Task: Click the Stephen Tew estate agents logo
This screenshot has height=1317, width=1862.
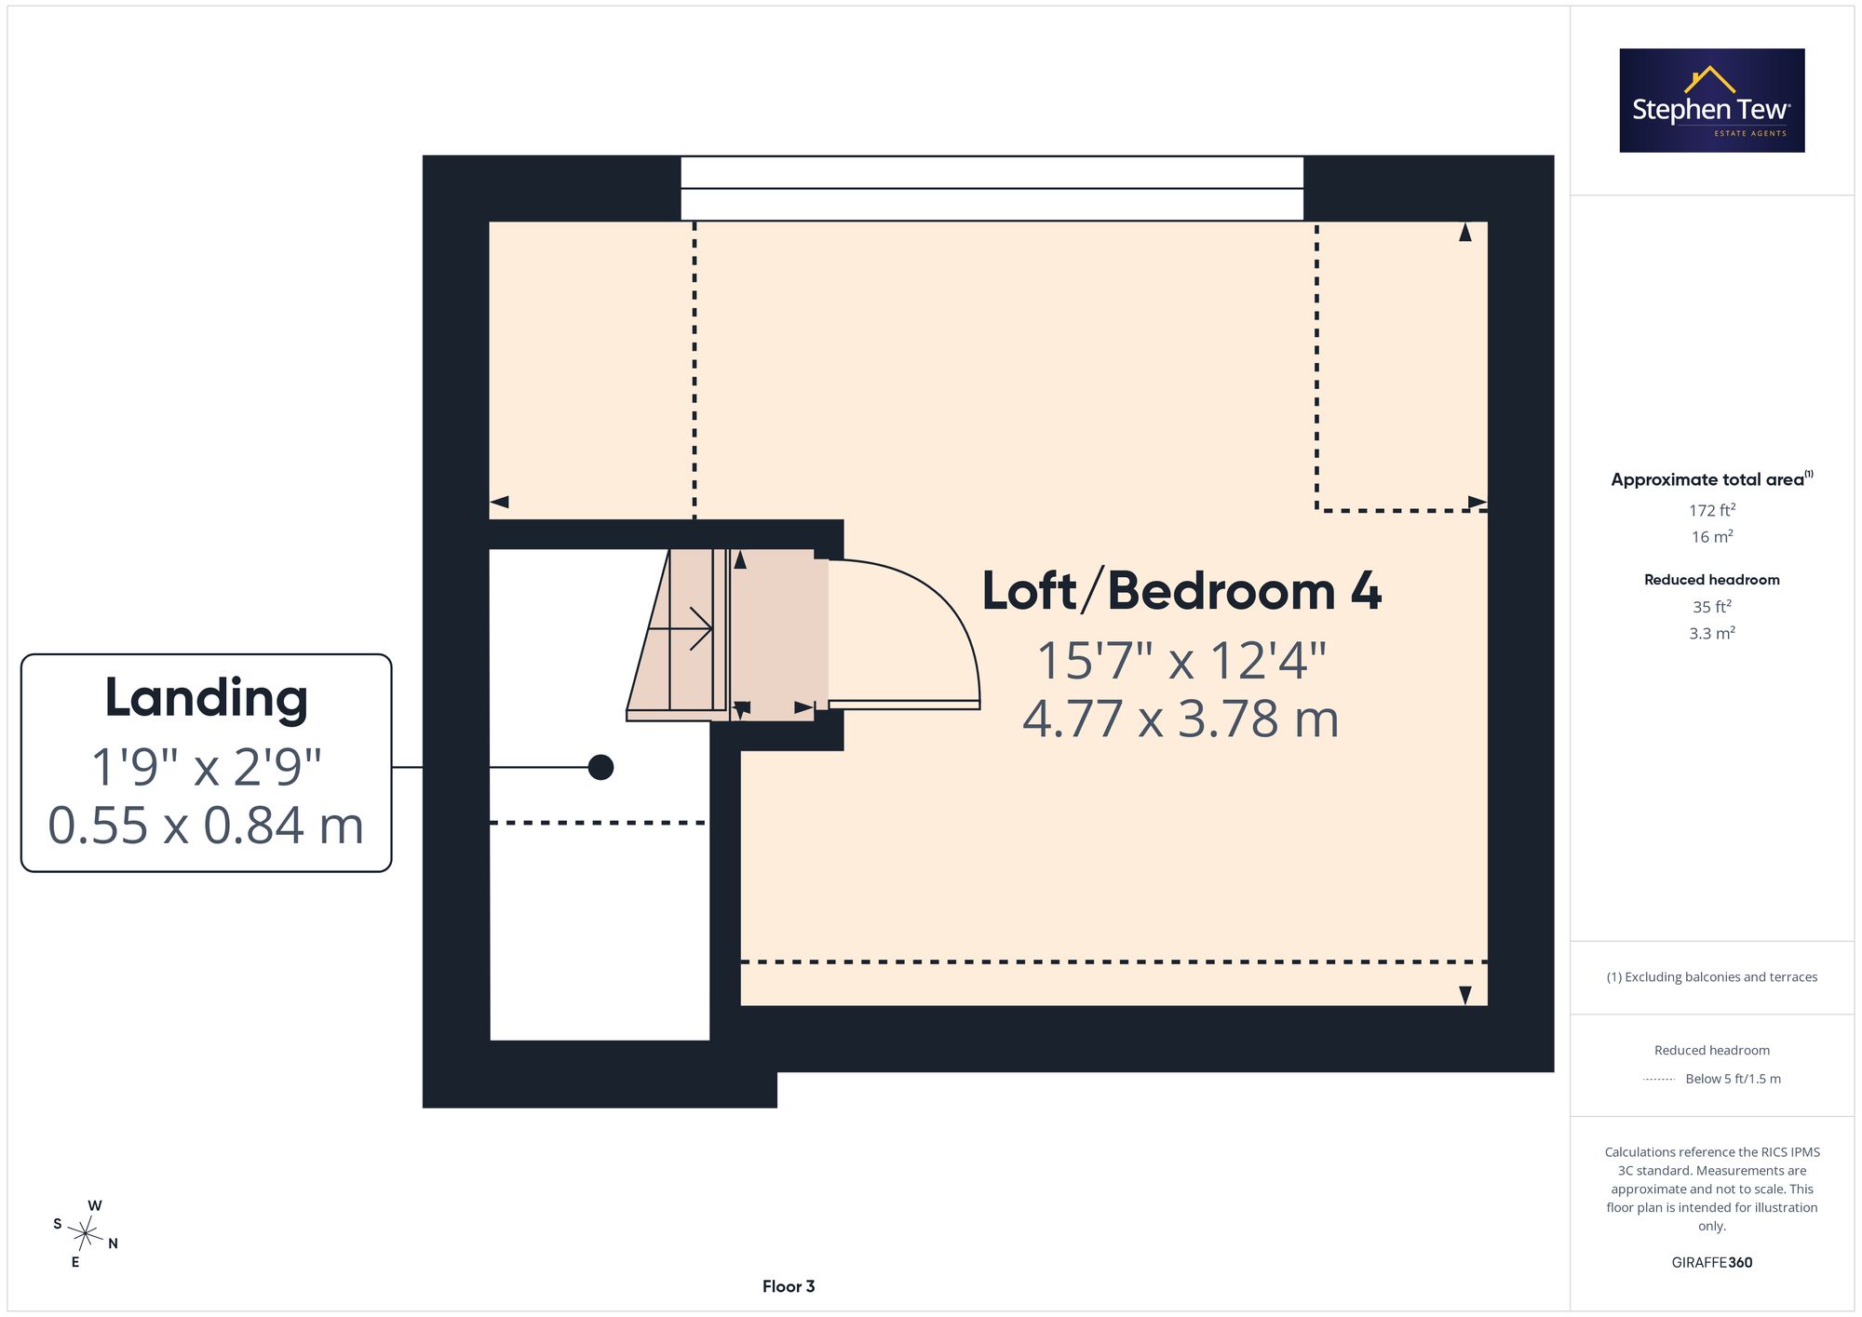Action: coord(1711,101)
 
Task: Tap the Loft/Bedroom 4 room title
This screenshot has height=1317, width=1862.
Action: coord(1181,591)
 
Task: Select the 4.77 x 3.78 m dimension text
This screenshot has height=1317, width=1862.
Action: coord(1181,719)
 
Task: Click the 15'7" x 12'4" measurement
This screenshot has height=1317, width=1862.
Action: coord(1181,660)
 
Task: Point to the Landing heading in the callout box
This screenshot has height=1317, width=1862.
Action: coord(206,698)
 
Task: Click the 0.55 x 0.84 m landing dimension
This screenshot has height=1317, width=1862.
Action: coord(206,825)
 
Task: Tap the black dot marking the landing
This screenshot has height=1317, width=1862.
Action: coord(600,767)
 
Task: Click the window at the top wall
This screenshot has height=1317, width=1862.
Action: coord(992,188)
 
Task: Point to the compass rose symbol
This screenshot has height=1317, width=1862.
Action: coord(86,1234)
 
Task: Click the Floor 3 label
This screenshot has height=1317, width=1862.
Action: coord(789,1286)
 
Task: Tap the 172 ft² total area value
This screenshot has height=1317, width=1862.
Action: coord(1711,510)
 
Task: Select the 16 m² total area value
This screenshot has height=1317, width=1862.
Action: coord(1711,537)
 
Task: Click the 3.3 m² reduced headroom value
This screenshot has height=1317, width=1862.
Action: coord(1711,633)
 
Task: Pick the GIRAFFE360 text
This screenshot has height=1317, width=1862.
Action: coord(1711,1262)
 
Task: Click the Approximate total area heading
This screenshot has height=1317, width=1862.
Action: coord(1711,478)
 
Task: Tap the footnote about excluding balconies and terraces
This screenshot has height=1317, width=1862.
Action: coord(1711,976)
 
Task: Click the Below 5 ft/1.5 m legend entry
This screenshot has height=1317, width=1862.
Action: coord(1733,1079)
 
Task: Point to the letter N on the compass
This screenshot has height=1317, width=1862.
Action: coord(113,1243)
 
